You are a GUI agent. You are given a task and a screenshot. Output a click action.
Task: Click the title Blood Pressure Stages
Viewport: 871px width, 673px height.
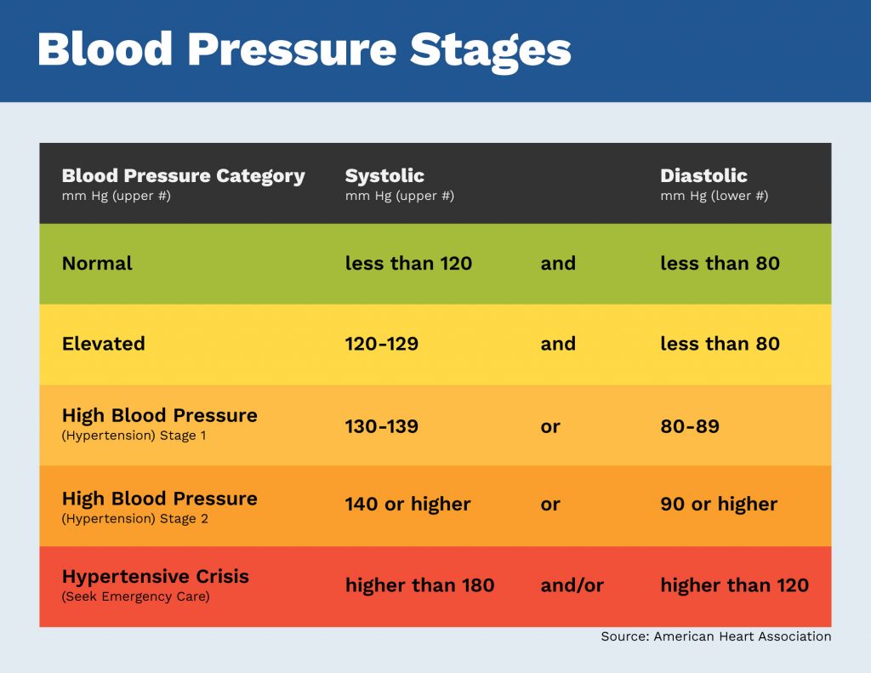coord(304,50)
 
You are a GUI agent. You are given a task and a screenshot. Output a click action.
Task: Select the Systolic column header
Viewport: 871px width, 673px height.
coord(384,176)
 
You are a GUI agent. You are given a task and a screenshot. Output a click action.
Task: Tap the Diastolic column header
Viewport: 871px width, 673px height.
coord(703,176)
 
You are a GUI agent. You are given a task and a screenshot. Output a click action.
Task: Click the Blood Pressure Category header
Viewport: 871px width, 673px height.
coord(183,176)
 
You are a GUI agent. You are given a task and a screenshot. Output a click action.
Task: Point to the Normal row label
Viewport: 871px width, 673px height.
coord(97,264)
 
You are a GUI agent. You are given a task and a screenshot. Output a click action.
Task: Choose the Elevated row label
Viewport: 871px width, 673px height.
coord(103,344)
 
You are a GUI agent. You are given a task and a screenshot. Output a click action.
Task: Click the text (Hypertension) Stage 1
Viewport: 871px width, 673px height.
coord(134,436)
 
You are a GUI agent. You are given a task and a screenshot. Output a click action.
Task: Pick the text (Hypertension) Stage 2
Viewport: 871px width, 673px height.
coord(134,519)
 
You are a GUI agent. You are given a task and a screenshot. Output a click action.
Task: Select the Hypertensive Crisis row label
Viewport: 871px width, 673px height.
coord(155,576)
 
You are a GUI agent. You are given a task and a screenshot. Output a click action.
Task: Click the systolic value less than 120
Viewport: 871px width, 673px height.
coord(408,264)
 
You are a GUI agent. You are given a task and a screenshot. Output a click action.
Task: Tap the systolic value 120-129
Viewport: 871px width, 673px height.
coord(381,344)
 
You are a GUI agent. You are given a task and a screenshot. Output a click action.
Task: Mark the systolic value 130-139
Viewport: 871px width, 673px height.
coord(381,425)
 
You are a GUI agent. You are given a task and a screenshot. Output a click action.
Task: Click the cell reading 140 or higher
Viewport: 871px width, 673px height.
coord(407,505)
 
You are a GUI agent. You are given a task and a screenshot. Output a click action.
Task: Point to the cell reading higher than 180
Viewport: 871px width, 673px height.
coord(419,585)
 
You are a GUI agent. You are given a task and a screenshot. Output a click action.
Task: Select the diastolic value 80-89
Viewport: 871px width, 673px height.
coord(689,425)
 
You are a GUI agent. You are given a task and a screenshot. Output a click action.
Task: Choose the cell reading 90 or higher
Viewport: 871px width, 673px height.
coord(719,505)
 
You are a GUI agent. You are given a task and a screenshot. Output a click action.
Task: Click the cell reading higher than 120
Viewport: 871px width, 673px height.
coord(734,585)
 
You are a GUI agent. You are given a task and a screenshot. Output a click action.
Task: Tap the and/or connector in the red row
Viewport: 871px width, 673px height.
coord(572,585)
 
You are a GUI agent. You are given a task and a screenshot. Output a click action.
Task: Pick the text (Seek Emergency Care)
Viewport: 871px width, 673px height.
coord(134,596)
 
